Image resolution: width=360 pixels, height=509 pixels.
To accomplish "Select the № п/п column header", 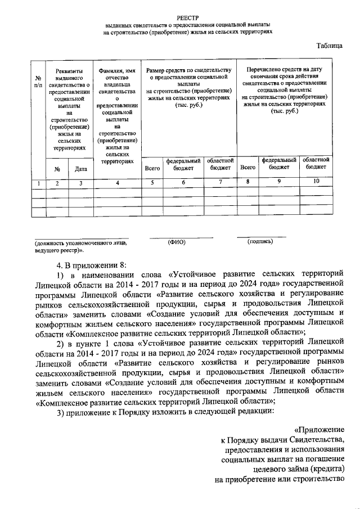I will click(38, 82).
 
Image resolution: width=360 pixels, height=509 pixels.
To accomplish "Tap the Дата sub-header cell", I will click(80, 168).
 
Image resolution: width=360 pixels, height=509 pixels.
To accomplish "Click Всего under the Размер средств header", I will click(152, 168).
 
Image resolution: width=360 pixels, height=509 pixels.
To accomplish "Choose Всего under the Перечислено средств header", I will click(247, 167).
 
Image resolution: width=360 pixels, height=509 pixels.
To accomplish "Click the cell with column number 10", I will click(316, 181).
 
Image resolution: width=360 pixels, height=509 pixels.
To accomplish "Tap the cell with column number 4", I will click(117, 183).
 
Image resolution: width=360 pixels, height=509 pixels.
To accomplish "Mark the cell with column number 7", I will click(220, 182).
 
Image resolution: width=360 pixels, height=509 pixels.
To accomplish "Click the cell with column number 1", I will click(38, 183).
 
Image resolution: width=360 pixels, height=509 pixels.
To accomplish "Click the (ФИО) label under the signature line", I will click(176, 242).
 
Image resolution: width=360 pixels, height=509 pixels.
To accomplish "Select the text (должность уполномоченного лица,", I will click(80, 243).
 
